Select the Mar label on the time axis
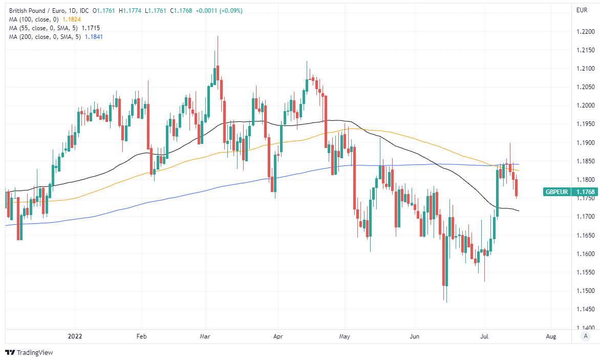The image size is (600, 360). pyautogui.click(x=205, y=336)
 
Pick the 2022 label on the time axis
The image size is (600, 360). pyautogui.click(x=75, y=336)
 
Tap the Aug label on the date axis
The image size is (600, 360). pyautogui.click(x=551, y=336)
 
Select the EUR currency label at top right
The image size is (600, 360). pyautogui.click(x=582, y=10)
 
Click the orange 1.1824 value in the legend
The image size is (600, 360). pyautogui.click(x=72, y=19)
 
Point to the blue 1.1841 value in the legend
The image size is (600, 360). pyautogui.click(x=94, y=36)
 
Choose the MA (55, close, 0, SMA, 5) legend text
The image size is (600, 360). pyautogui.click(x=44, y=28)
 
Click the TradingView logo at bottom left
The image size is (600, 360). pyautogui.click(x=29, y=352)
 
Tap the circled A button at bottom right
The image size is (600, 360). pyautogui.click(x=585, y=336)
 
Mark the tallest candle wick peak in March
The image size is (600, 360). pyautogui.click(x=218, y=36)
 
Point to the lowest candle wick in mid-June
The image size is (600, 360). pyautogui.click(x=446, y=302)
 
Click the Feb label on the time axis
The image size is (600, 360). pyautogui.click(x=142, y=336)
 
